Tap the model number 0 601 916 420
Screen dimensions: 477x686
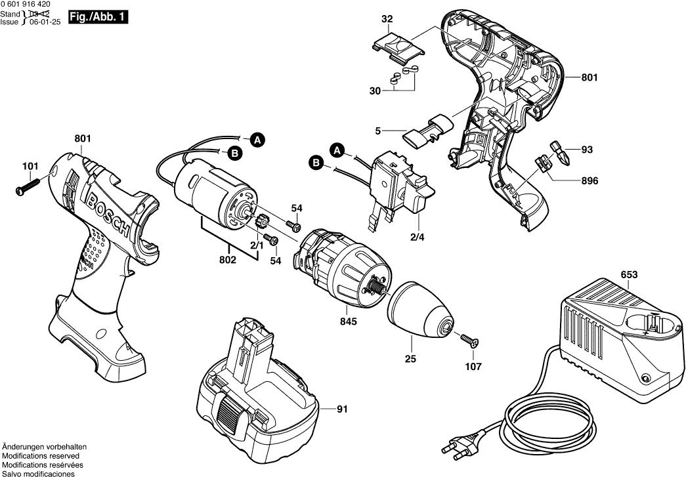(29, 5)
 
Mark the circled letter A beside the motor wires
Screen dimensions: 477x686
(258, 139)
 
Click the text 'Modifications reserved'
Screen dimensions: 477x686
(41, 455)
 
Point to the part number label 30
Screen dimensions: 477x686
(375, 91)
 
